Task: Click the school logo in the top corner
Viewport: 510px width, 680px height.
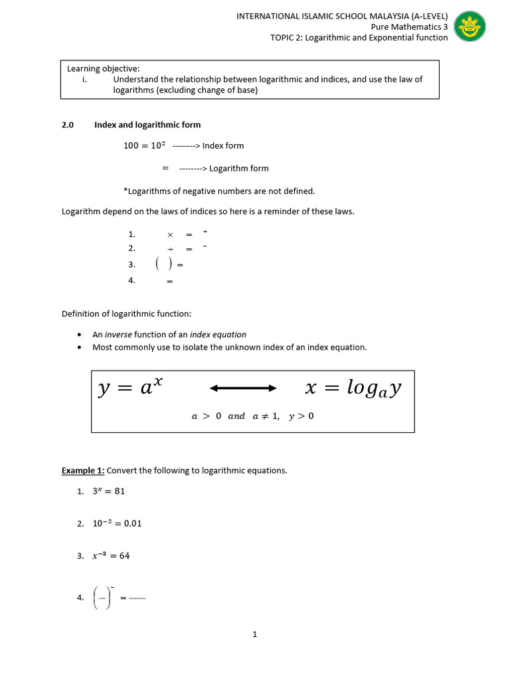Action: coord(469,27)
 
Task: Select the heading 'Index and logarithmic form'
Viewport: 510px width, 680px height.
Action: coord(147,125)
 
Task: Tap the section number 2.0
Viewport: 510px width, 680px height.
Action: coord(68,125)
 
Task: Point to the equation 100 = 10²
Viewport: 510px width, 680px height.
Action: coord(143,145)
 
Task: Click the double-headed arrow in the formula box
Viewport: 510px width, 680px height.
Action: coord(243,388)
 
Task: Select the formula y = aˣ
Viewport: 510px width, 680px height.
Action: coord(130,388)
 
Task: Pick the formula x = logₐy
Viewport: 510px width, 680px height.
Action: coord(353,388)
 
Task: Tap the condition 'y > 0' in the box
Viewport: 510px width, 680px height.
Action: coord(301,416)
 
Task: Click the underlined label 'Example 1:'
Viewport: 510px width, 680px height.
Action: coord(83,471)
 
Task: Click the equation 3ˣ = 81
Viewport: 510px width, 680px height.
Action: coord(108,491)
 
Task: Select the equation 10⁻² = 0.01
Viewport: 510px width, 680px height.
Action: coord(117,523)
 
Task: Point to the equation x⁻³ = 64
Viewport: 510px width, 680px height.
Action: coord(111,556)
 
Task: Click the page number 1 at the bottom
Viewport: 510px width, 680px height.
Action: coord(254,634)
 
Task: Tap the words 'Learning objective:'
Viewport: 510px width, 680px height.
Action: coord(103,68)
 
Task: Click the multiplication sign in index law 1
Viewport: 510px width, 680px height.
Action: coord(170,234)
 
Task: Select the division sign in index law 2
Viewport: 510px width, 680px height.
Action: coord(170,248)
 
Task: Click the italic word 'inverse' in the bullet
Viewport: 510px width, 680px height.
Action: coord(118,335)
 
